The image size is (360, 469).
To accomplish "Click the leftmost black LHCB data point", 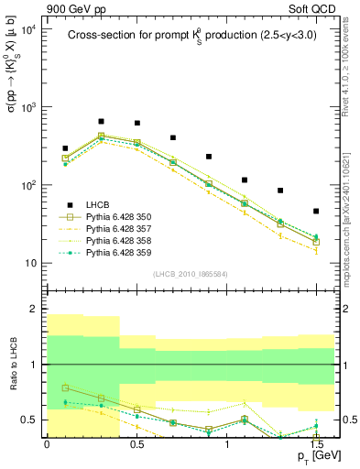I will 65,148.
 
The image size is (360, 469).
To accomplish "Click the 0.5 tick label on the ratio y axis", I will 29,420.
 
